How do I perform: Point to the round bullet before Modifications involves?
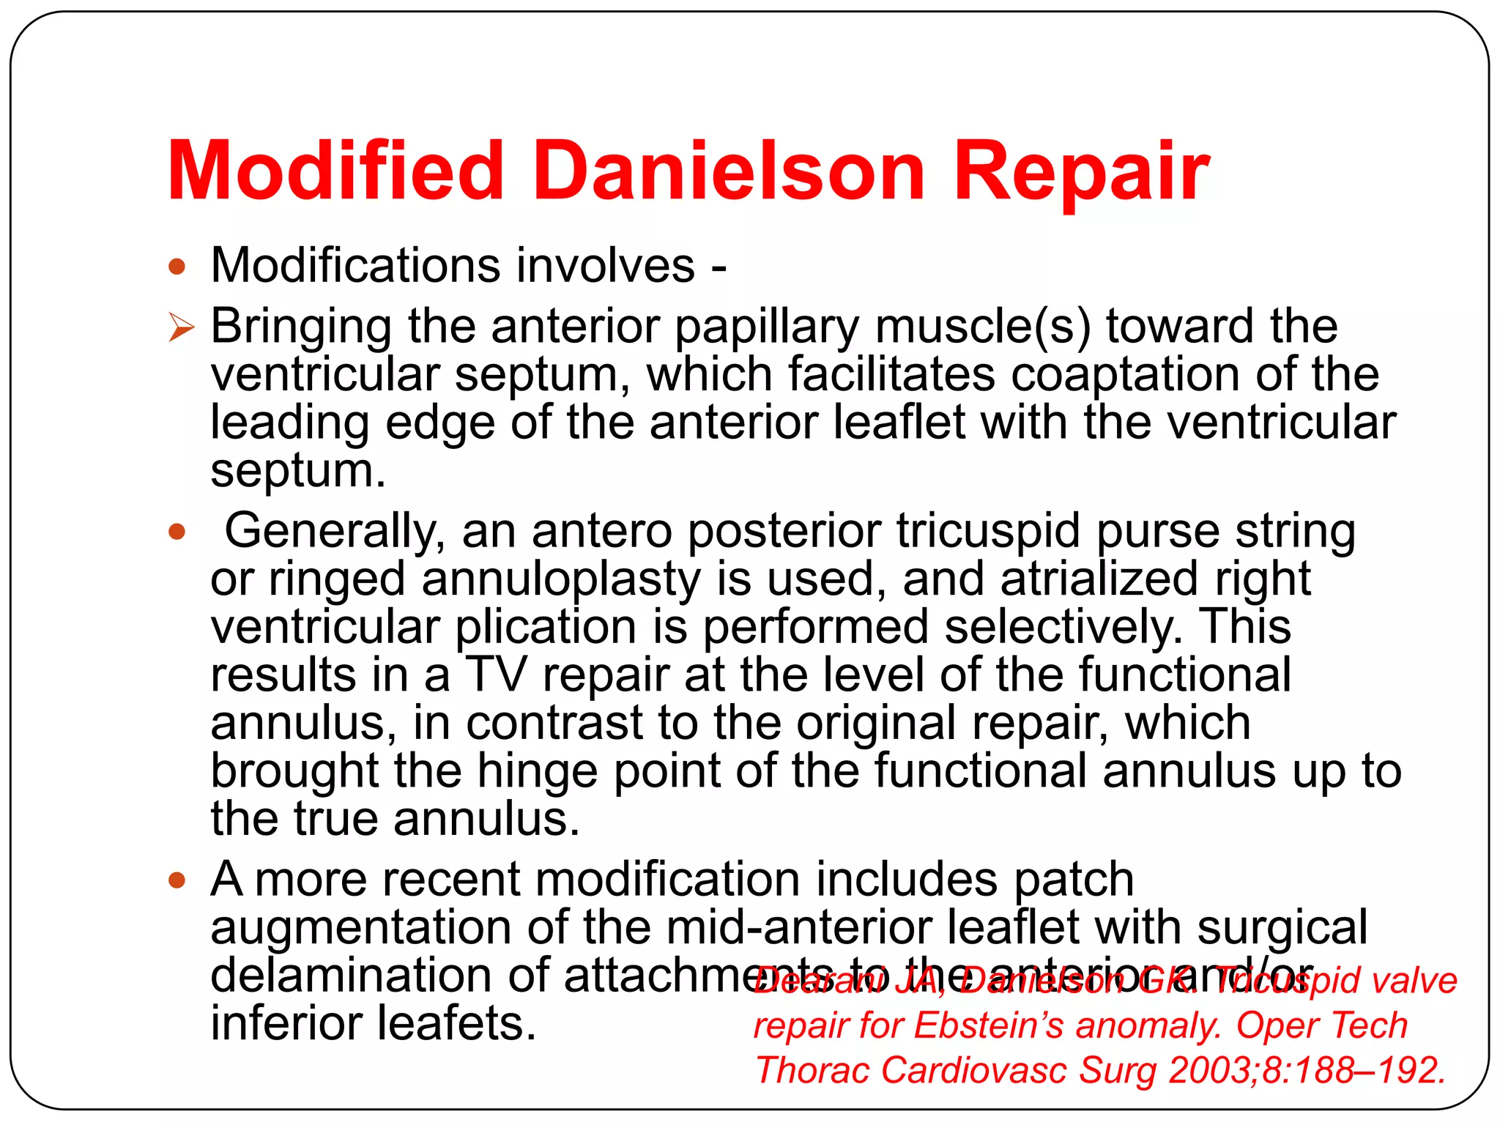pos(177,266)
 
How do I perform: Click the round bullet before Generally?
pos(177,531)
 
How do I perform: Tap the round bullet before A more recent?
pos(177,880)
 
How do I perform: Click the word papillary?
pos(766,327)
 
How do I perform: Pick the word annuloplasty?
pos(561,580)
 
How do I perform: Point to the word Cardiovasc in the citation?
pos(973,1070)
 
